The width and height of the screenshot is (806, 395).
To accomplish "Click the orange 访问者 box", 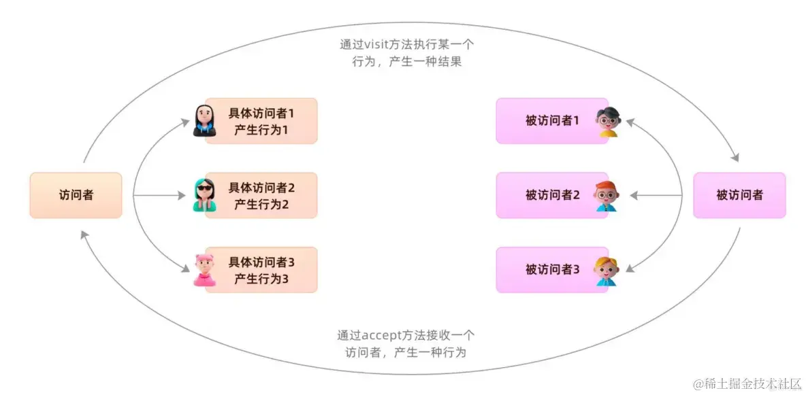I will tap(76, 195).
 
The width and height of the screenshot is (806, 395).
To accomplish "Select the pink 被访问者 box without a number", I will tap(739, 195).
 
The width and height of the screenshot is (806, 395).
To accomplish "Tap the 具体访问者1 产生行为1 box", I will tap(261, 120).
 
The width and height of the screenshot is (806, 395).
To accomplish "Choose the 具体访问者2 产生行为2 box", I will tap(261, 195).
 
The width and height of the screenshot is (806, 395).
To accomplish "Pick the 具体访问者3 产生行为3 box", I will tap(261, 270).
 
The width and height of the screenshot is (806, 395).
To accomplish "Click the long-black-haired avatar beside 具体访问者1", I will tap(204, 121).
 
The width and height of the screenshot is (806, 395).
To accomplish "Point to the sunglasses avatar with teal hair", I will tap(204, 195).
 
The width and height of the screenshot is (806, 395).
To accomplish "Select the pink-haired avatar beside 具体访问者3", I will tap(204, 270).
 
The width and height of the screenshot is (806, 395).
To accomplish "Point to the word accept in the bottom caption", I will tap(383, 335).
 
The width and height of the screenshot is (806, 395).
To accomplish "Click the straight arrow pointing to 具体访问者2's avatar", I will tap(160, 196).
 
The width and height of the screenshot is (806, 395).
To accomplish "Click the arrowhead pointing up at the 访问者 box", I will tap(83, 235).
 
